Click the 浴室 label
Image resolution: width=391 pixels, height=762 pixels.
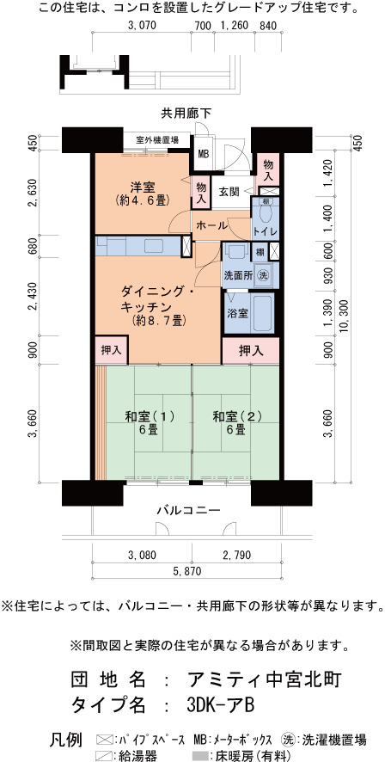238,313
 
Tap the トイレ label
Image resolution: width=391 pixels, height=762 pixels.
266,232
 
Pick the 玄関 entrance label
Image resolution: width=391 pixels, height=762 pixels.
229,192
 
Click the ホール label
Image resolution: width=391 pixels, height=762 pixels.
211,226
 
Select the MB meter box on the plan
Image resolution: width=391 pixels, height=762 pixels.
203,154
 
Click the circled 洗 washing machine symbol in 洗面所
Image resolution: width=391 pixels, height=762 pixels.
262,274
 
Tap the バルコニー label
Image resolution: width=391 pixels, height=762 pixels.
188,510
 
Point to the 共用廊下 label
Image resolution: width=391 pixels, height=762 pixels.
186,114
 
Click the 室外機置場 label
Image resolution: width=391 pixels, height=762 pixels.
156,140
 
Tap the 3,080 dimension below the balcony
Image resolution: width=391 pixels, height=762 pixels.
141,555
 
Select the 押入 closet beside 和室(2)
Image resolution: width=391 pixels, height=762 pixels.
251,351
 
